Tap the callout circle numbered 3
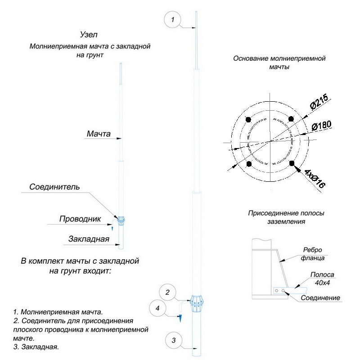173,340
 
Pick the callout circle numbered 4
157,309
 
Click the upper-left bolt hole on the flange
248,119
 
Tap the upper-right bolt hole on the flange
291,119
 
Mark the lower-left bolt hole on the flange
248,163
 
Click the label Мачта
98,134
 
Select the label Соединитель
54,187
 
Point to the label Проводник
79,219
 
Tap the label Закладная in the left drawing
90,239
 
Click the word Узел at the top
88,35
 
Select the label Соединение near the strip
320,298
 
